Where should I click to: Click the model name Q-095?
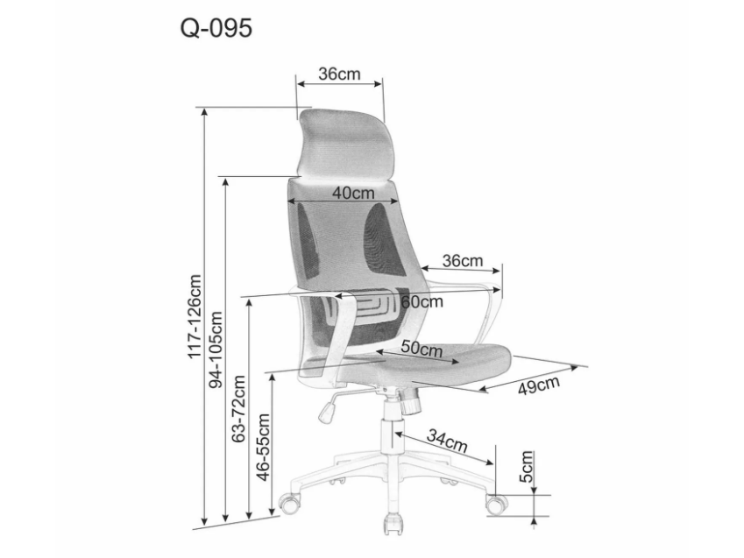point(216,29)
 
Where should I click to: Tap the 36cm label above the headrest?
point(339,74)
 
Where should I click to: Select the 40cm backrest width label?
point(353,193)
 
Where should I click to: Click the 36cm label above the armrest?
point(462,260)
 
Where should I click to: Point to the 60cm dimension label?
point(422,301)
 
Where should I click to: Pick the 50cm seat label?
point(422,348)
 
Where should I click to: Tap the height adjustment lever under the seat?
point(327,407)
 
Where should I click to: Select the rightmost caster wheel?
point(496,504)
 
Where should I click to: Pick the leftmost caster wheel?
point(288,502)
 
